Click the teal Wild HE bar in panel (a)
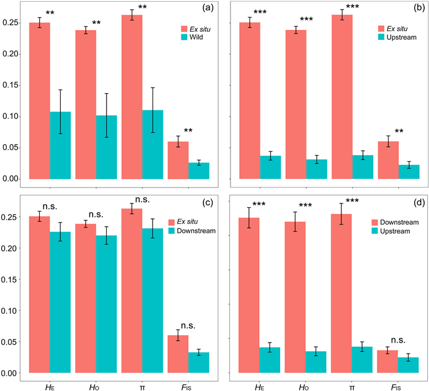point(61,145)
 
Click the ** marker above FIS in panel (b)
point(387,131)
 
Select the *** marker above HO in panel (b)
point(308,20)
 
